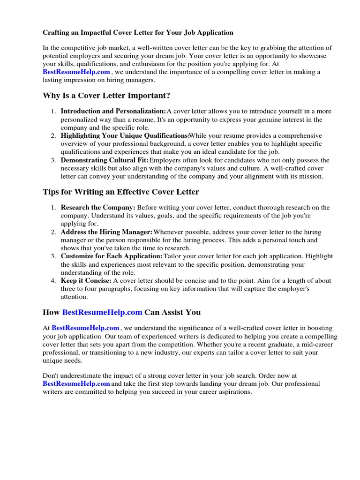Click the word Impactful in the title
(87, 33)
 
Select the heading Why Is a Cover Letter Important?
(106, 96)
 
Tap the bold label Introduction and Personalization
(113, 111)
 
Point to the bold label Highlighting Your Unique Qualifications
(125, 135)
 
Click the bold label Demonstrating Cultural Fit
(105, 160)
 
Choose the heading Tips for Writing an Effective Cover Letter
(121, 192)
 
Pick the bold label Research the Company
(98, 207)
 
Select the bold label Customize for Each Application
(112, 256)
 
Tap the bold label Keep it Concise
(86, 281)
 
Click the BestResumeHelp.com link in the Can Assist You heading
(102, 312)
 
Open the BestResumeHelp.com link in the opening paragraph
(76, 72)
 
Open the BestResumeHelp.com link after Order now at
(76, 383)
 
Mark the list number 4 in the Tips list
(53, 281)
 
